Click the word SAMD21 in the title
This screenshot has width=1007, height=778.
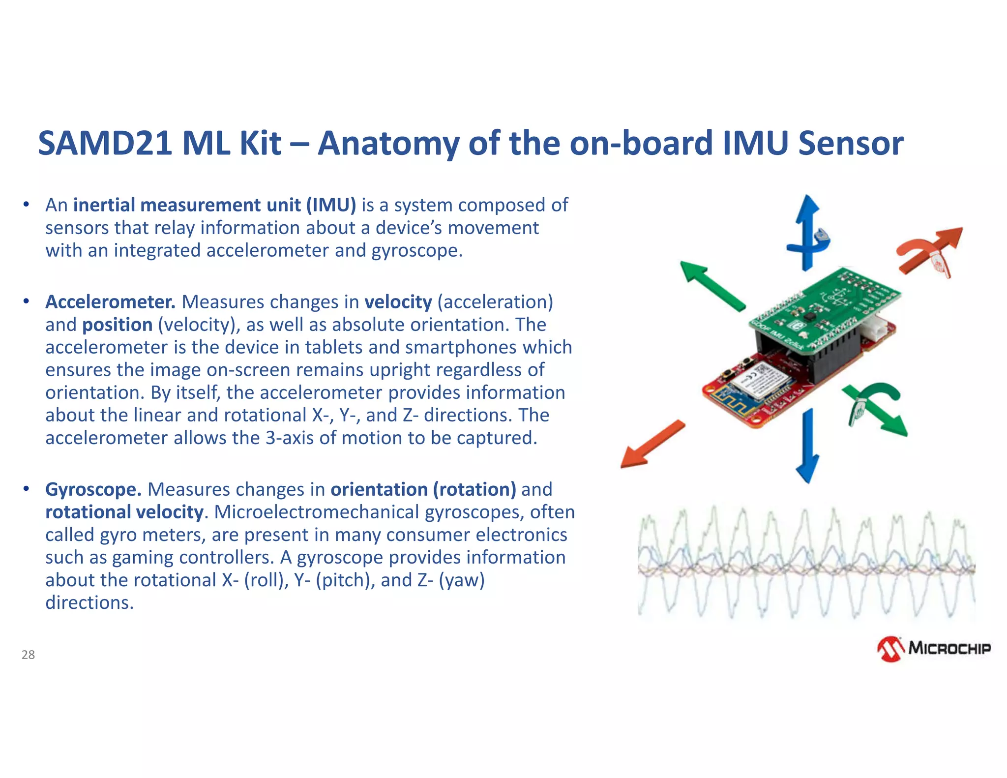[x=105, y=143]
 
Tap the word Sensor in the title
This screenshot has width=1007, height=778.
[x=850, y=143]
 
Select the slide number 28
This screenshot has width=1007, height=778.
[x=28, y=655]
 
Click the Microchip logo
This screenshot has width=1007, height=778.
[x=934, y=649]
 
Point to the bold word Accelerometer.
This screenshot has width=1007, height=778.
[x=110, y=302]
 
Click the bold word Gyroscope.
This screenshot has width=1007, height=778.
[x=93, y=489]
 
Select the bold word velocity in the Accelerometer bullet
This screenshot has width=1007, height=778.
[x=398, y=302]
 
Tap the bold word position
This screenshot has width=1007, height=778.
[x=117, y=325]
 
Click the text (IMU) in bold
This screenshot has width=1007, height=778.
[x=331, y=205]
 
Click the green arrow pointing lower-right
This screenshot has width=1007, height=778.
[x=880, y=411]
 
